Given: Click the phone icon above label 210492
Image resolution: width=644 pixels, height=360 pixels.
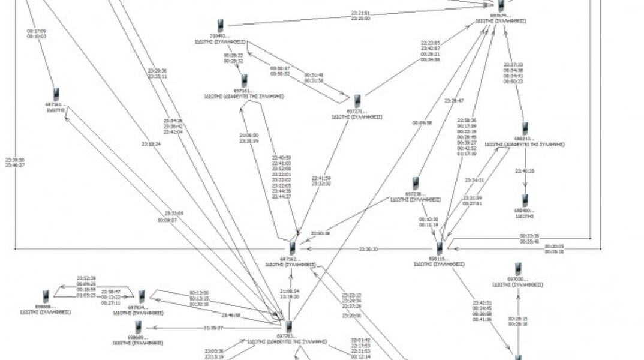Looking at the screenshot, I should point(221,25).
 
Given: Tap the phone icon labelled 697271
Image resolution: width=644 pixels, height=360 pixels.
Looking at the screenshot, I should point(357,101).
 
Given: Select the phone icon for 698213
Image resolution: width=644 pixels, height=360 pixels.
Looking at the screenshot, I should point(525,128).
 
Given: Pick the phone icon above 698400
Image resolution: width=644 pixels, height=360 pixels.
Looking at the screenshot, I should point(525,200).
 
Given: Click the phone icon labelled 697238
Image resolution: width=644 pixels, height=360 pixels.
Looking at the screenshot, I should point(415,184).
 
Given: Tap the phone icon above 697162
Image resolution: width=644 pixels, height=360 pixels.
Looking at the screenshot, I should point(292,248).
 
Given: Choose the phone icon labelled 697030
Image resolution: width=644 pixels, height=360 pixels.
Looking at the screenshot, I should point(517,269).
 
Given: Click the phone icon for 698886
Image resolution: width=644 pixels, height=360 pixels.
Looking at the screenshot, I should point(46,296).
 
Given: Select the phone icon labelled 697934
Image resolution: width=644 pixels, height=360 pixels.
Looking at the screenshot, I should point(142,296).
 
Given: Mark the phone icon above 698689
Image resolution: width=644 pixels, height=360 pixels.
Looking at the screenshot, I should point(138,327).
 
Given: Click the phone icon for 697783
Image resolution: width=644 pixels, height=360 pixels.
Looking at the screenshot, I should point(289,327).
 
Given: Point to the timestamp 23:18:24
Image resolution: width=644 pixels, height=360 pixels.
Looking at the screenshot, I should point(151,143).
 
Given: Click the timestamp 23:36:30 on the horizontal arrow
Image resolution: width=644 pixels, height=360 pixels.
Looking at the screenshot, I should point(368,249).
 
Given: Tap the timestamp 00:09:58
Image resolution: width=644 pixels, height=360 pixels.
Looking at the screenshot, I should point(422,123).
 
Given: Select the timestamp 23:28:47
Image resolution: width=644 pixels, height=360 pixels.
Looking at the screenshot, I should point(454,101).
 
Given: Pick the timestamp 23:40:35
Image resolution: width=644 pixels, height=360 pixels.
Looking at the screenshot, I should point(525,171).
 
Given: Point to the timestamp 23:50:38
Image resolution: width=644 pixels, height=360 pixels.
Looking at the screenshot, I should point(321,233).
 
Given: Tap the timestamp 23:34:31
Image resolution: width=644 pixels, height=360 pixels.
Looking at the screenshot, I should point(474,180).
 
